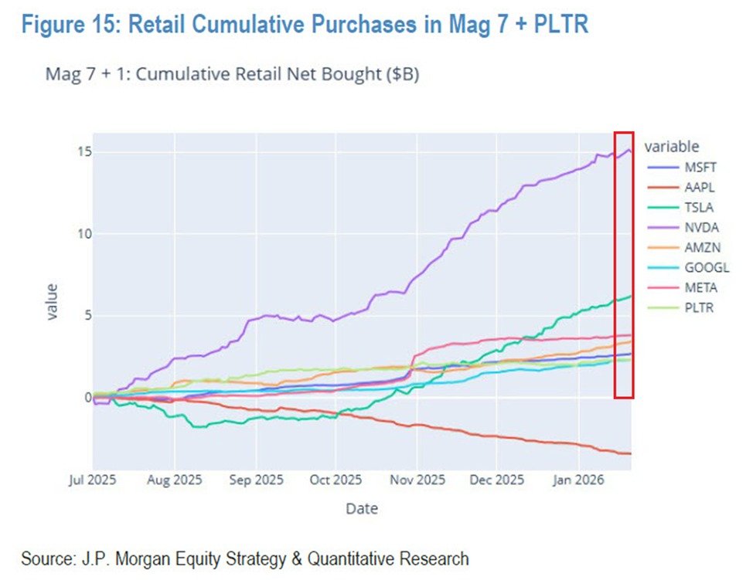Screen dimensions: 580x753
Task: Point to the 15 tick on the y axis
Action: coord(80,152)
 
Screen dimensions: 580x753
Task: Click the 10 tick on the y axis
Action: coord(80,234)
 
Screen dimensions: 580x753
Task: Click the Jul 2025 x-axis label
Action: coord(92,480)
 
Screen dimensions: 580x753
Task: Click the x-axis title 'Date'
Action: coord(362,508)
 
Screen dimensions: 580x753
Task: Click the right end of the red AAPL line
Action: coord(630,453)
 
